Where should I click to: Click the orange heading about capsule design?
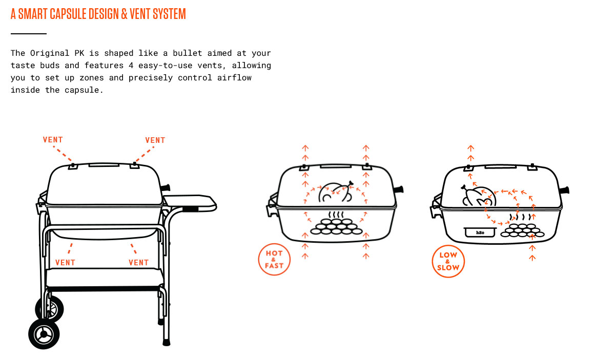click(x=98, y=14)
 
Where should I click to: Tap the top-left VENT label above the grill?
click(x=53, y=140)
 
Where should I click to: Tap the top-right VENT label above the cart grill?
click(x=155, y=140)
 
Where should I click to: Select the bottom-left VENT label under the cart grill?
click(x=65, y=263)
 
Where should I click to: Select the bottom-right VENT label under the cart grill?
click(x=138, y=263)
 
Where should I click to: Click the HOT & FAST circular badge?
click(x=274, y=259)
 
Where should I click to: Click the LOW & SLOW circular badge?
click(x=448, y=261)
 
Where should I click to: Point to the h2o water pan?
click(x=480, y=232)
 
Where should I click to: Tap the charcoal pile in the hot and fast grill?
click(x=335, y=227)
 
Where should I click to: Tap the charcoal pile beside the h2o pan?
click(x=521, y=230)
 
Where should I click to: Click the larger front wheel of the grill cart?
click(x=44, y=334)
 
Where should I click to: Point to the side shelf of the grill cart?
click(x=190, y=202)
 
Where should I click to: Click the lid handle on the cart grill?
click(x=104, y=164)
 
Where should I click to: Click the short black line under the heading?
click(x=29, y=33)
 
